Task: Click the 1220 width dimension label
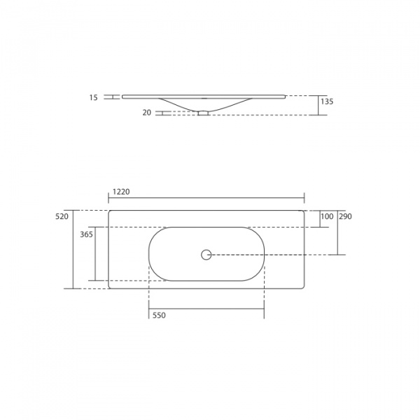coord(121,191)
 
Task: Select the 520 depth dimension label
coord(62,216)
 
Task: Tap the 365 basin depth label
coord(86,234)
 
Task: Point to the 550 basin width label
coord(159,316)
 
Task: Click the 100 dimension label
coord(327,217)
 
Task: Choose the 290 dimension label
coord(345,217)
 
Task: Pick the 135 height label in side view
coord(327,101)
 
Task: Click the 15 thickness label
coord(94,98)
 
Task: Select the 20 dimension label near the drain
coord(147,112)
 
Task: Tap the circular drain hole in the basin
coord(206,255)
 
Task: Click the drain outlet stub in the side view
coord(203,112)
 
